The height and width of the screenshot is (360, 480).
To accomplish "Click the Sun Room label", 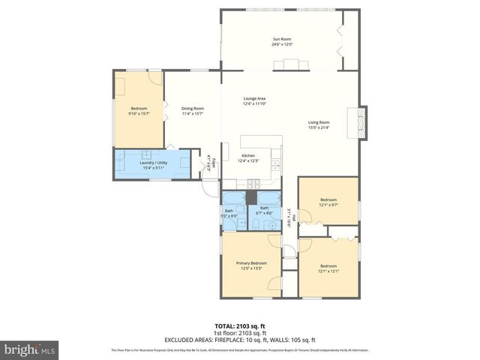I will [281, 39].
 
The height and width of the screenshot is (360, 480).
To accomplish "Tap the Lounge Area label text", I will [254, 99].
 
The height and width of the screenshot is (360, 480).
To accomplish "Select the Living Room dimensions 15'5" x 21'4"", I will [319, 127].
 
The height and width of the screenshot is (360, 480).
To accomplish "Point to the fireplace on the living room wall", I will [363, 122].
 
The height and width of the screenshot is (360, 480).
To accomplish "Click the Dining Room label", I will [193, 109].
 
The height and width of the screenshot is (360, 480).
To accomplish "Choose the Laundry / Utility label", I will [154, 162].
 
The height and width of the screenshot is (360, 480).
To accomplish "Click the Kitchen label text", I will [247, 156].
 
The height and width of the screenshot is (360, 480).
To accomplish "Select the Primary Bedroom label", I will [252, 263].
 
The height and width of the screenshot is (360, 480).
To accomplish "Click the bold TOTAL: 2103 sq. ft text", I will [240, 326].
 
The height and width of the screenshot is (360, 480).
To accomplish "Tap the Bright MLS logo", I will [30, 349].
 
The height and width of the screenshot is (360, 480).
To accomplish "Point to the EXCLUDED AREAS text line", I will [240, 340].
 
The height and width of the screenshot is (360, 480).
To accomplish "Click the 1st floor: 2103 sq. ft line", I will [240, 333].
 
